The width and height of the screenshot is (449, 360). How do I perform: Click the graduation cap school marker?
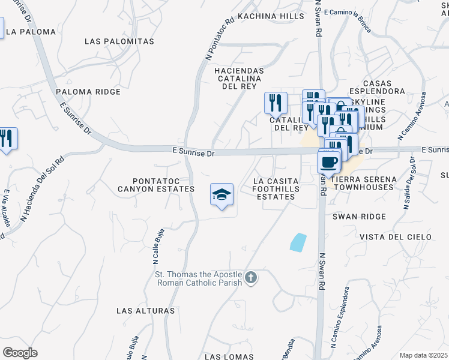click(221, 194)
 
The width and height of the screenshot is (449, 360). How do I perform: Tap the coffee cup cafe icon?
click(328, 161)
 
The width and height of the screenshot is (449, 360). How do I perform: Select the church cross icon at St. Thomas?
click(251, 278)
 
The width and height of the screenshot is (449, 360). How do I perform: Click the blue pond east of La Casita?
click(297, 242)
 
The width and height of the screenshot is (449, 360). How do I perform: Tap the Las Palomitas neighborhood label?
click(119, 41)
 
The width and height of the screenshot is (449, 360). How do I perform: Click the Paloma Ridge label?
click(88, 92)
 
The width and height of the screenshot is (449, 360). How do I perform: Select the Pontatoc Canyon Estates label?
click(164, 185)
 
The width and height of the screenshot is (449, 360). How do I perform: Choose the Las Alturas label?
click(146, 311)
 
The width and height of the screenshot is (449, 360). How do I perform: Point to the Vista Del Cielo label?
click(395, 237)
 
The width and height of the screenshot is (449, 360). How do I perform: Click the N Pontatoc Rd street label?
click(219, 38)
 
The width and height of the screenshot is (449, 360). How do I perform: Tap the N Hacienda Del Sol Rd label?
click(43, 188)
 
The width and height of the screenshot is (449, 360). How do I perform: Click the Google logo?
click(20, 353)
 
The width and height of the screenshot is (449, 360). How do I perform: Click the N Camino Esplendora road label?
click(340, 321)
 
